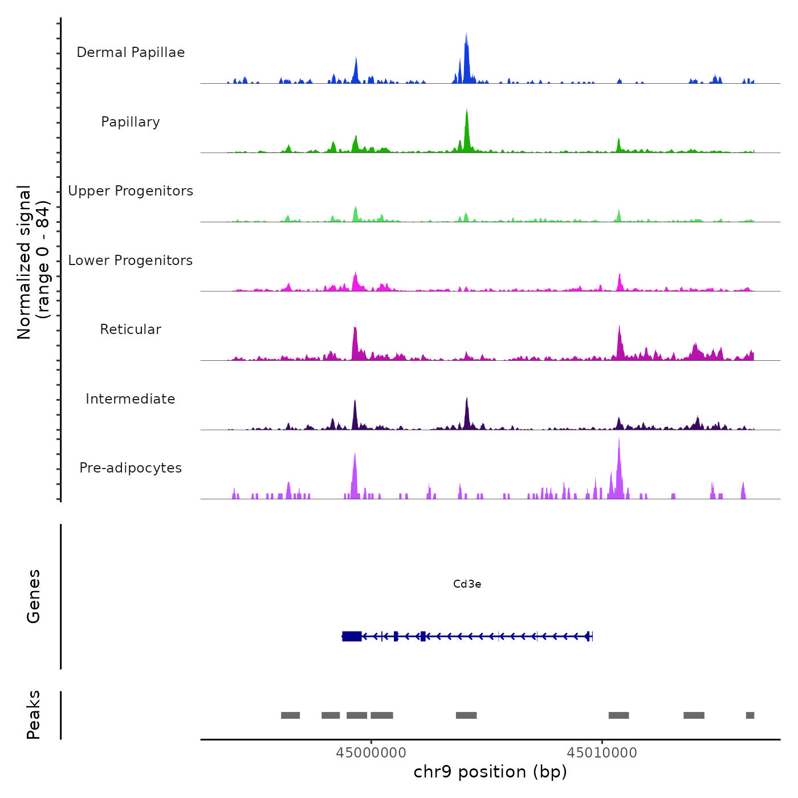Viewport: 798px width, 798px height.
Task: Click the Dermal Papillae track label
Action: (131, 52)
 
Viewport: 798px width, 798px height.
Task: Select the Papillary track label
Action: (131, 122)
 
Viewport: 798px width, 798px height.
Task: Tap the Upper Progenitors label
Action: (131, 191)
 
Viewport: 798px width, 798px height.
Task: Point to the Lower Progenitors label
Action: (131, 260)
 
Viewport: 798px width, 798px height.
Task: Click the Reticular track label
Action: (131, 329)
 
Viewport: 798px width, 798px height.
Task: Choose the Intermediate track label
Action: (131, 399)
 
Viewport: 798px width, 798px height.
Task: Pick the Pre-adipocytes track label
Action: (131, 468)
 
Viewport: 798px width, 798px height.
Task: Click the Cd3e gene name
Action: (467, 584)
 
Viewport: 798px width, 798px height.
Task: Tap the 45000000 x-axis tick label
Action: (371, 752)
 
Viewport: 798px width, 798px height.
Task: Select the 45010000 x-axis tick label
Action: (602, 752)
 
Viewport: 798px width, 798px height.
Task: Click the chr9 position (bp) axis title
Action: (490, 772)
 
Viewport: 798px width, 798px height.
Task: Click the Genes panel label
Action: (34, 596)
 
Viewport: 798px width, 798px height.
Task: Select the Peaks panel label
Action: (34, 715)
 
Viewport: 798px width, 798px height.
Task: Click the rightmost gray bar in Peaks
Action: (750, 715)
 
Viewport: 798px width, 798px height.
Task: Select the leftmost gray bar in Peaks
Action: (290, 715)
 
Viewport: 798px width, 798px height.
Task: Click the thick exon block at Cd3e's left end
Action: (352, 636)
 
